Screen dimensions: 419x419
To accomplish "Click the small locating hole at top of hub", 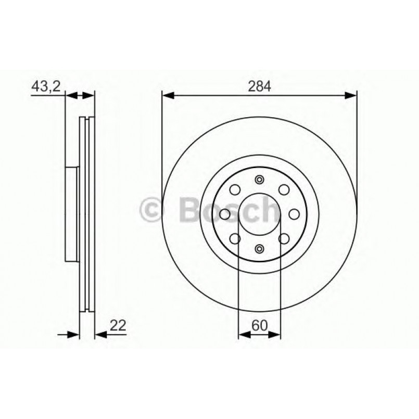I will [x=259, y=180].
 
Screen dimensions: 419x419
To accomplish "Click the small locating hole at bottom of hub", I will [x=259, y=248].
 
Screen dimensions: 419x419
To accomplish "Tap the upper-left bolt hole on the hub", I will [x=235, y=190].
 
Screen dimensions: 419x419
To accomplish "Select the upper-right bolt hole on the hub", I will [x=284, y=190].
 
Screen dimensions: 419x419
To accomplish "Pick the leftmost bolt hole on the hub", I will [x=225, y=214].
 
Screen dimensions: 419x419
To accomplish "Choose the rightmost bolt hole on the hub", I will [x=294, y=214].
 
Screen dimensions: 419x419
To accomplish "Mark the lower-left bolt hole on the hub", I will [x=235, y=238].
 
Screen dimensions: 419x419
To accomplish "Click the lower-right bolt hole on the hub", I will [x=284, y=238].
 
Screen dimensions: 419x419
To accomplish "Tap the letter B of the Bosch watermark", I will [x=189, y=209].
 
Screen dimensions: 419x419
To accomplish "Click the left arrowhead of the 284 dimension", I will [x=167, y=95].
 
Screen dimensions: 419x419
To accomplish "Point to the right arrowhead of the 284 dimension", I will [x=352, y=95].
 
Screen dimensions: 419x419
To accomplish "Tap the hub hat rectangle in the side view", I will [x=71, y=214].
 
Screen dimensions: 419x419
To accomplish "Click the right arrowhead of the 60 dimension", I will [x=276, y=333].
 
